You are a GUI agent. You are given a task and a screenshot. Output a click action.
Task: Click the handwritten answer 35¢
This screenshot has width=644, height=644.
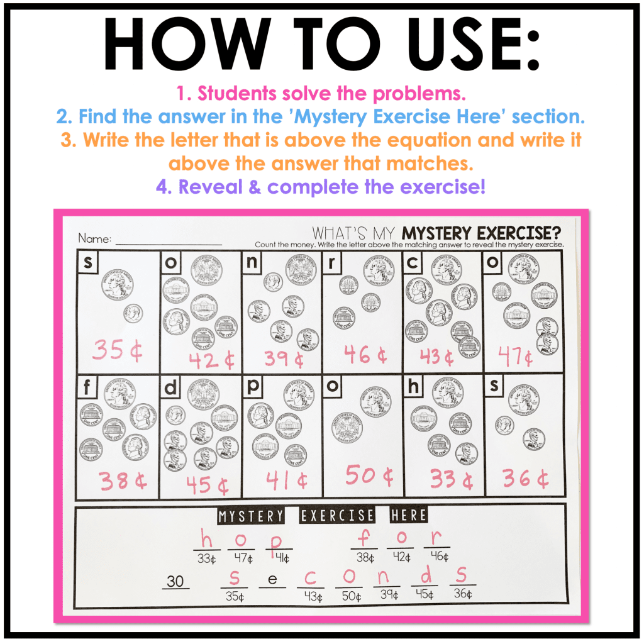118,350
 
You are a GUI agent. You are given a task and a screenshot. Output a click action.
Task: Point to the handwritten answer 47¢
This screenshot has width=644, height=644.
515,357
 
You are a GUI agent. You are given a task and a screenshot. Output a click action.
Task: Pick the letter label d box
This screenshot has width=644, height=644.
170,388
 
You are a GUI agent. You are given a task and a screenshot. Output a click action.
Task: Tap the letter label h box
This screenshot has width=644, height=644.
413,388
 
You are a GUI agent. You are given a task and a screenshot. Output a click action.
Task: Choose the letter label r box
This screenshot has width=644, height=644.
331,264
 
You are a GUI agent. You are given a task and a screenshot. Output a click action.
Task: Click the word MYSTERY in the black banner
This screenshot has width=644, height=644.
251,516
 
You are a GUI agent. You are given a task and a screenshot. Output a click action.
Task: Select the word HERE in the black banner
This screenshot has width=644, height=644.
408,516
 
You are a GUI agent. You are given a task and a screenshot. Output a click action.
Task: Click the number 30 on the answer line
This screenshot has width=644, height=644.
175,582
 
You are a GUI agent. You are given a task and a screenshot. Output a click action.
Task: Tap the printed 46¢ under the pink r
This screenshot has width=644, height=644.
440,557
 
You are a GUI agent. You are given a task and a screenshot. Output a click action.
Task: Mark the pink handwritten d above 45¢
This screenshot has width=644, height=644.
425,575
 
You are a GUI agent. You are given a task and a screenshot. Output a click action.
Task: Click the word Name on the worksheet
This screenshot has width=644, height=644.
94,239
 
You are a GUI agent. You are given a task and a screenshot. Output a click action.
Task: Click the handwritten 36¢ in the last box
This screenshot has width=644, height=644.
525,479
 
